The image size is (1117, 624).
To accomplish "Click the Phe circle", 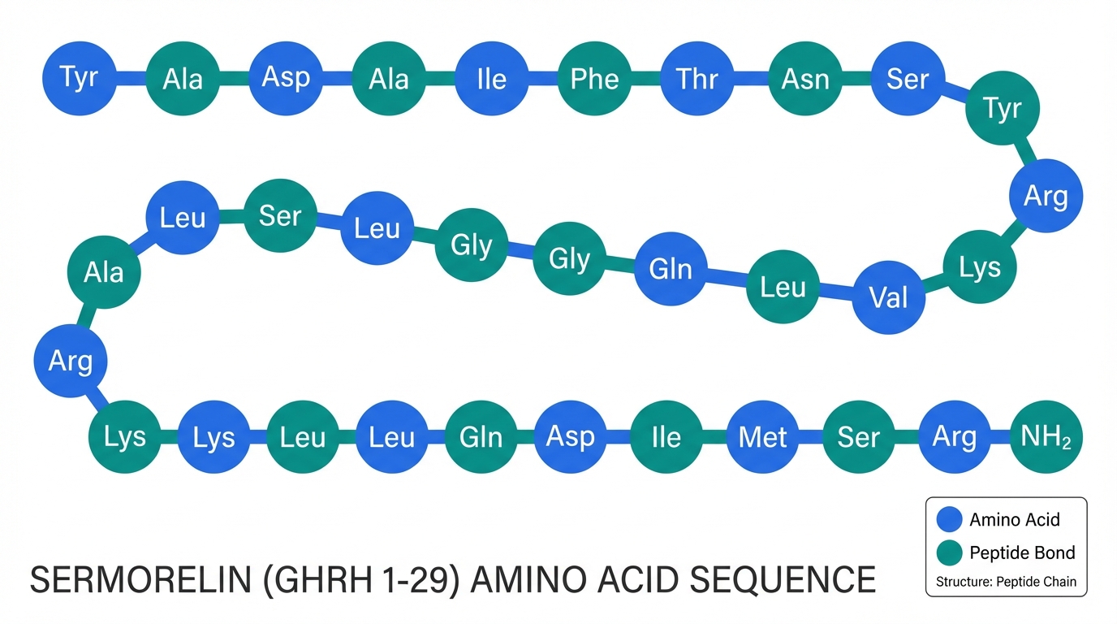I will pyautogui.click(x=595, y=78).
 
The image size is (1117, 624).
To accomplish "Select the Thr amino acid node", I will pyautogui.click(x=698, y=78).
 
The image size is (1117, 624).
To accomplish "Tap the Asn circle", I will pyautogui.click(x=805, y=78).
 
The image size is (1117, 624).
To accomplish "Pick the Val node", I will pyautogui.click(x=889, y=297).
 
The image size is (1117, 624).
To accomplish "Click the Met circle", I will pyautogui.click(x=763, y=437).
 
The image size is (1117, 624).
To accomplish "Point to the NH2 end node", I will pyautogui.click(x=1046, y=437).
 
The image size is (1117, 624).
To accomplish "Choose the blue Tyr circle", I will pyautogui.click(x=79, y=78).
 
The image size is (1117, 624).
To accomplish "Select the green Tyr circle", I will pyautogui.click(x=1002, y=107).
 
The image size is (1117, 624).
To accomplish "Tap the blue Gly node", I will pyautogui.click(x=569, y=259).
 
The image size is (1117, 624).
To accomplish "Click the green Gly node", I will pyautogui.click(x=472, y=245).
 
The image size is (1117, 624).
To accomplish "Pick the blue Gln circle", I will pyautogui.click(x=671, y=268).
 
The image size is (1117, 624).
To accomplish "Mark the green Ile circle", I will pyautogui.click(x=666, y=437).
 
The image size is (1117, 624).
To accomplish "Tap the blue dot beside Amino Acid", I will pyautogui.click(x=948, y=520).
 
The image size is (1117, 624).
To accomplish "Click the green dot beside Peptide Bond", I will pyautogui.click(x=948, y=553).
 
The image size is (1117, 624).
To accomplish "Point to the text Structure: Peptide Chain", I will pyautogui.click(x=1006, y=582).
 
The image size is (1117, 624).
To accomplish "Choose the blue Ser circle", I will pyautogui.click(x=908, y=78).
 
